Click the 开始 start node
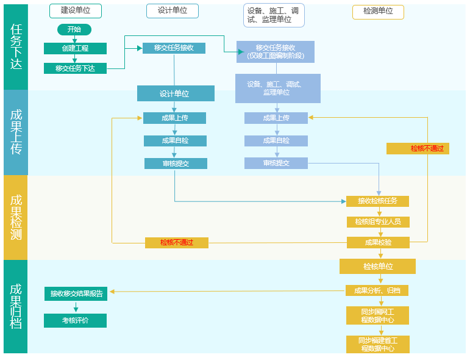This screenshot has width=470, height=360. (x=74, y=29)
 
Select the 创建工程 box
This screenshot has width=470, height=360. (x=75, y=48)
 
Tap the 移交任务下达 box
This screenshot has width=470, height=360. (x=75, y=68)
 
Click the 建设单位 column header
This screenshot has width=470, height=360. (x=75, y=11)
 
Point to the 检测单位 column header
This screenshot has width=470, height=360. (x=378, y=11)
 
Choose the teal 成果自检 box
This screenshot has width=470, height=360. (x=175, y=141)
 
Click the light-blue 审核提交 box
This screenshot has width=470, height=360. (x=276, y=163)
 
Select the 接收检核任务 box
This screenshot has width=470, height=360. (x=377, y=201)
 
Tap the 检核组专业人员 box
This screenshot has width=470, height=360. (x=378, y=221)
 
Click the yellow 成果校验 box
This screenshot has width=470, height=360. (x=378, y=242)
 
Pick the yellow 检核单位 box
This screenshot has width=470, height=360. (x=377, y=266)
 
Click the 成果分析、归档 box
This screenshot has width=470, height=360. (x=377, y=290)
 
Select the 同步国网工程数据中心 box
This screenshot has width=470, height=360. (x=377, y=315)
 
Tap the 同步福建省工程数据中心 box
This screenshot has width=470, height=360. (x=377, y=344)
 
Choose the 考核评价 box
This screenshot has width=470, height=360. (x=75, y=320)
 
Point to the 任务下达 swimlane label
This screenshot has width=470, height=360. (x=16, y=47)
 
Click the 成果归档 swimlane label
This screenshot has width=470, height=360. (x=16, y=306)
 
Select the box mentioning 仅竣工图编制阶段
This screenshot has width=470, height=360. (x=276, y=52)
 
